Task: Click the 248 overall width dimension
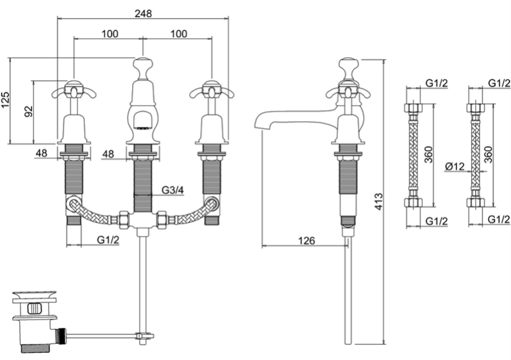click(143, 13)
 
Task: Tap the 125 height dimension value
click(6, 100)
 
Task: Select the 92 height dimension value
click(29, 111)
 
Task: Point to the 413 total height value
click(378, 202)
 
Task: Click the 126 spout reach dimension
click(306, 241)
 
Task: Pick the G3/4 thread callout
click(172, 190)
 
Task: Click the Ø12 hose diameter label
click(455, 167)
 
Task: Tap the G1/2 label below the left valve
click(108, 240)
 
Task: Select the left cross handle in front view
click(74, 90)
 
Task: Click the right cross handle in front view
click(212, 90)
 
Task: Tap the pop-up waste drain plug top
click(34, 295)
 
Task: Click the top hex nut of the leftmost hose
click(413, 108)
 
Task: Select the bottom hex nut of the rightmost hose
click(475, 202)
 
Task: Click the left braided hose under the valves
click(93, 213)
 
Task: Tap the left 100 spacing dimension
click(110, 33)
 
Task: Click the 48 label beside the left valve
click(41, 152)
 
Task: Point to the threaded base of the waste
click(34, 348)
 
